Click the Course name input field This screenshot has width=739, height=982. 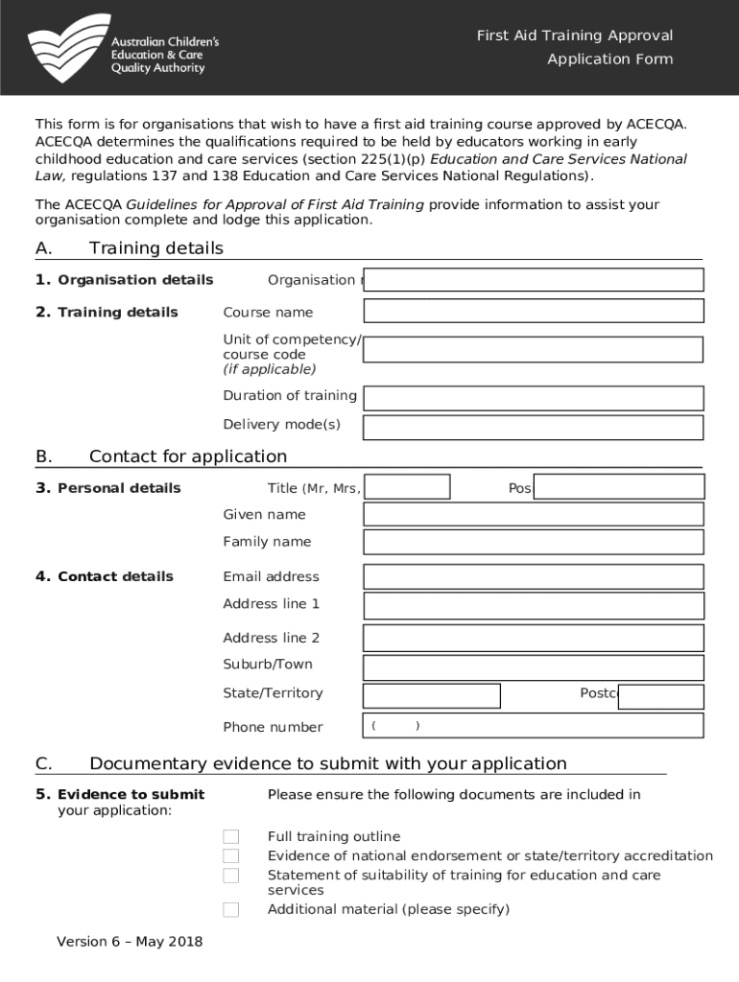[x=533, y=312]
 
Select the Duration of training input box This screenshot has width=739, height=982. [x=533, y=398]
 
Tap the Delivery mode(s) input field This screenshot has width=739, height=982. [x=533, y=427]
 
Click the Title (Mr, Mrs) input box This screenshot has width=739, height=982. [x=407, y=487]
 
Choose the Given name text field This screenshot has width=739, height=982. [x=533, y=515]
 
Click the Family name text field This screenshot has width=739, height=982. [x=533, y=543]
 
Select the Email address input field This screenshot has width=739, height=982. [x=533, y=576]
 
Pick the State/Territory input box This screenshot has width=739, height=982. [x=431, y=695]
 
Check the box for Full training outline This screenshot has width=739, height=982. [x=230, y=837]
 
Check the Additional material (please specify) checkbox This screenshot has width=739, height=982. [x=230, y=909]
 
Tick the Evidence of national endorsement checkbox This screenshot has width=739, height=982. [x=230, y=855]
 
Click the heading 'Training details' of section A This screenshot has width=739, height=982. [x=155, y=248]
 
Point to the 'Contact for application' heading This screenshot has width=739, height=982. [x=187, y=456]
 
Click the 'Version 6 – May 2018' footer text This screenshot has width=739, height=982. [x=130, y=942]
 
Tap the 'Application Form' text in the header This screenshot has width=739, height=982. [x=609, y=59]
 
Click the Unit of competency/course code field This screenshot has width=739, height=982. [x=533, y=349]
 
